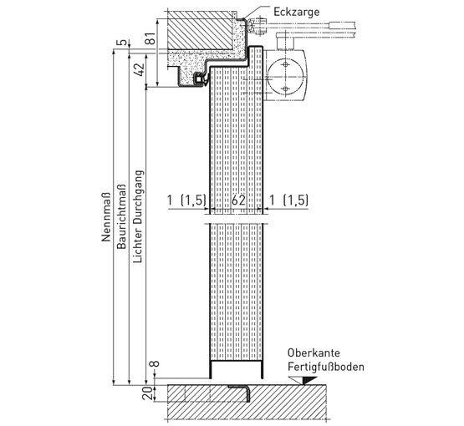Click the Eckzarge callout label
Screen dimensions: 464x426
(x=297, y=12)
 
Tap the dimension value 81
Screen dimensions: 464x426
(x=151, y=38)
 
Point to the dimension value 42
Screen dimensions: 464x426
(x=140, y=69)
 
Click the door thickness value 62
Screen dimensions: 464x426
(x=238, y=200)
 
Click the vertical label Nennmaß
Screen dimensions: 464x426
(x=105, y=217)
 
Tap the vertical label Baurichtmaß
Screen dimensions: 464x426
(x=121, y=216)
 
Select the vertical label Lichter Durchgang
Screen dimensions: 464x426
(x=138, y=216)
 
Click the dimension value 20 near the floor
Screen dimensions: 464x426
(x=148, y=393)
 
